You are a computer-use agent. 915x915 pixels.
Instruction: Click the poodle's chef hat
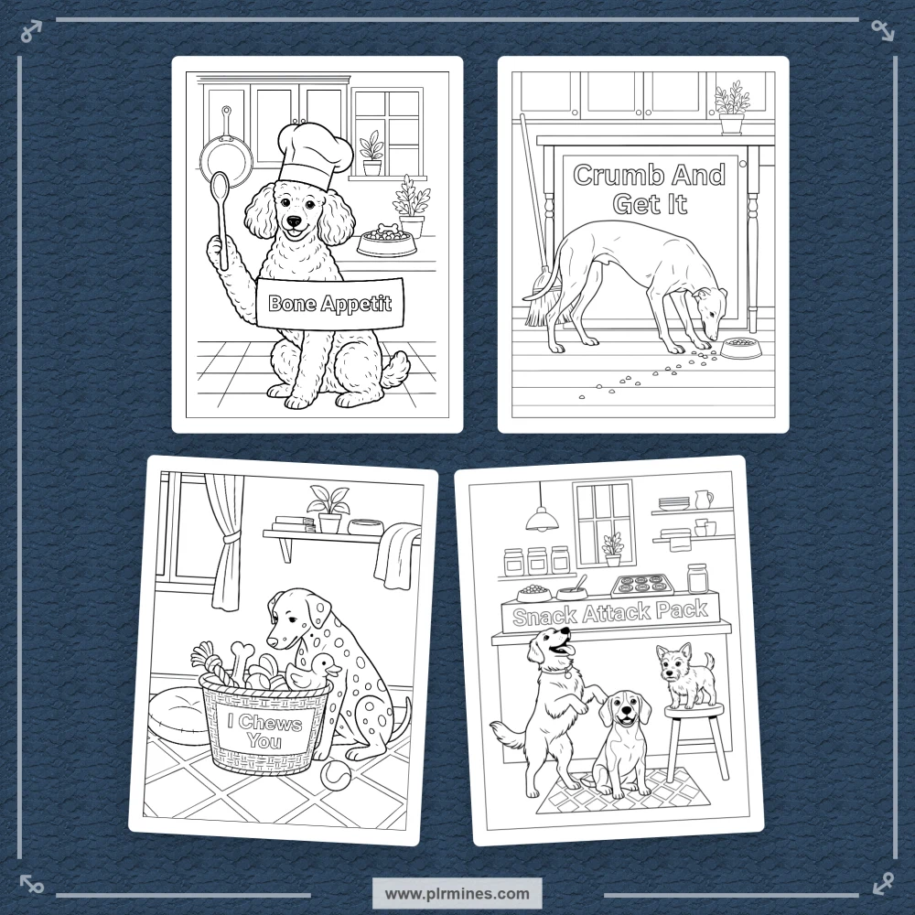point(315,153)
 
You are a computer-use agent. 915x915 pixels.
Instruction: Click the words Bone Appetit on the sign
point(329,304)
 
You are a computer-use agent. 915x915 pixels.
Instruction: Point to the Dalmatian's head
point(291,619)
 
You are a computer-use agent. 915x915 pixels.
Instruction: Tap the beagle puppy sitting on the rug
point(622,745)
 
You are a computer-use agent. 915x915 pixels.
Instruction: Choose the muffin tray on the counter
point(640,584)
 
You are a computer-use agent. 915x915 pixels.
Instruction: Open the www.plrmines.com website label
point(457,893)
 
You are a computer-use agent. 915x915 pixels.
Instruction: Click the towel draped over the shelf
point(397,554)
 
